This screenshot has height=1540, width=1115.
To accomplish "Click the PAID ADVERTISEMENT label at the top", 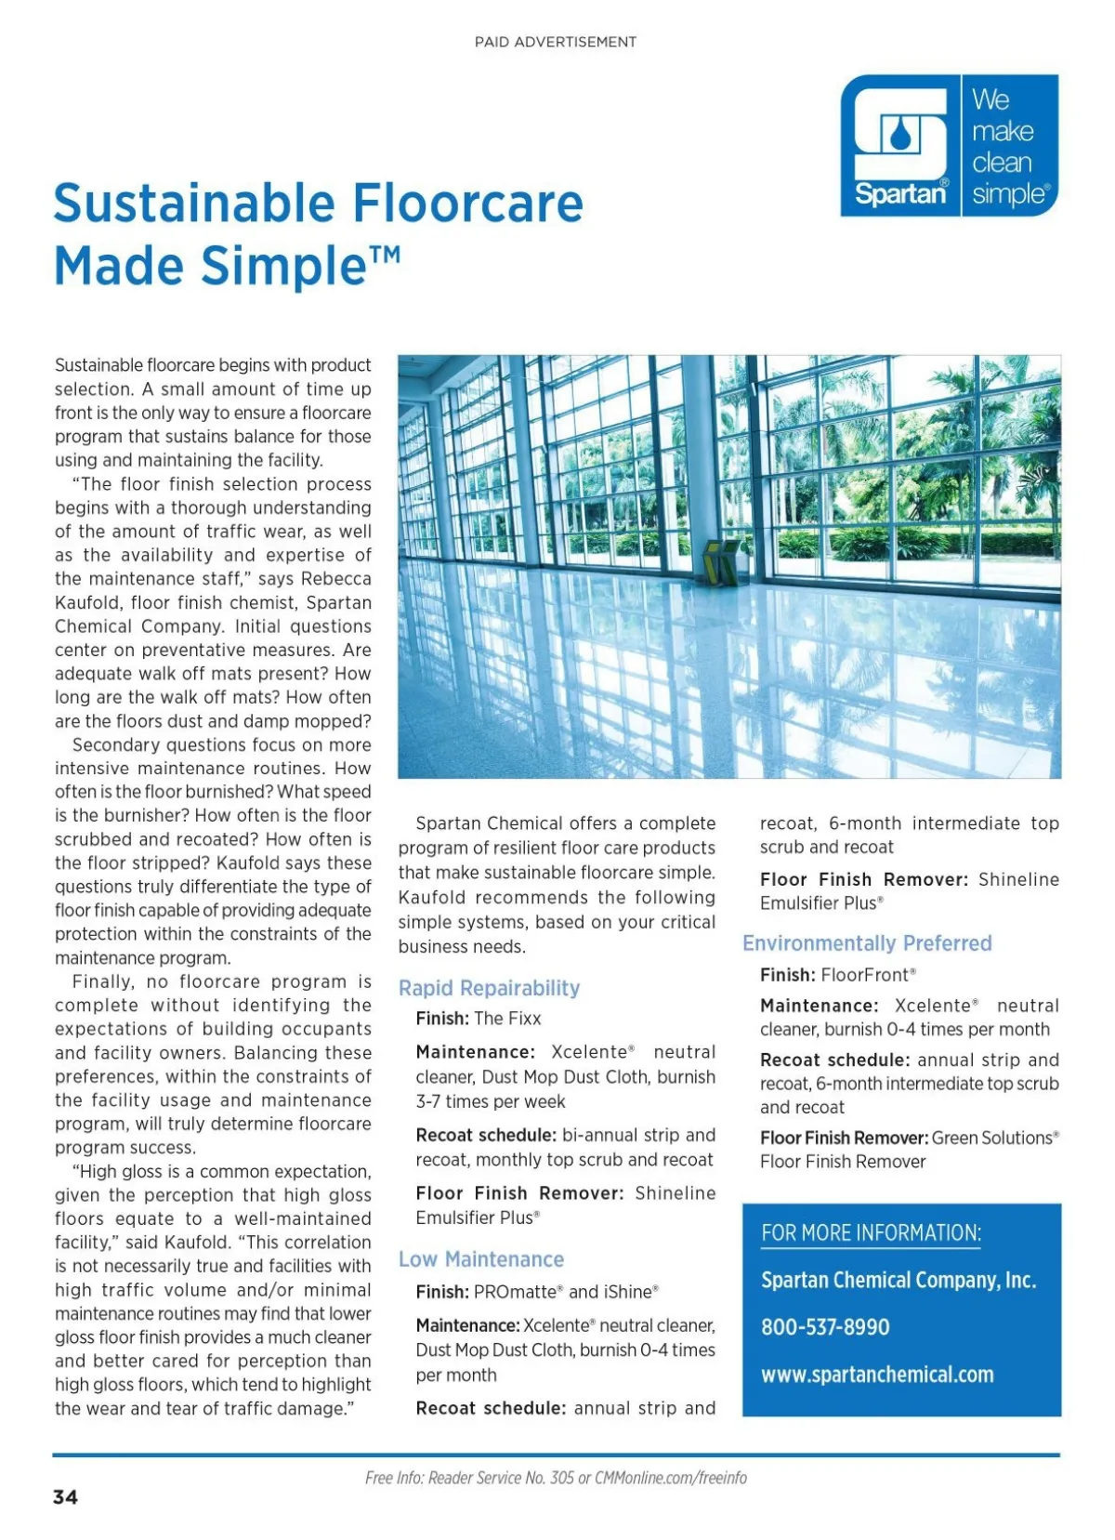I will [x=555, y=42].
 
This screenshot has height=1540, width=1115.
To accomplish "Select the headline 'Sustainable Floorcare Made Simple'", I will [x=318, y=234].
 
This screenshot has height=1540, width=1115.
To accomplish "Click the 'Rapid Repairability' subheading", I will [x=489, y=988].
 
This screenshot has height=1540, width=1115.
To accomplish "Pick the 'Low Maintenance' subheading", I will [x=481, y=1259].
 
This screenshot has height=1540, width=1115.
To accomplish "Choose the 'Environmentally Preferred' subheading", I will [x=867, y=943].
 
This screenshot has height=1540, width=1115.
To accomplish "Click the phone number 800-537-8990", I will [x=825, y=1327].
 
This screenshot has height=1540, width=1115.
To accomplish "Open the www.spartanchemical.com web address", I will [x=877, y=1375].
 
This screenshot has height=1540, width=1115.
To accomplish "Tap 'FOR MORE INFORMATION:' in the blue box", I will [x=871, y=1233].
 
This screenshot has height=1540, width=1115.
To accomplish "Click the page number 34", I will [x=65, y=1497].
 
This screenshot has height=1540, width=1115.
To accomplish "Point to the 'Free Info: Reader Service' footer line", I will [x=556, y=1478].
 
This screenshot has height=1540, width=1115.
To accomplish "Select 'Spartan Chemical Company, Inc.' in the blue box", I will [x=898, y=1281].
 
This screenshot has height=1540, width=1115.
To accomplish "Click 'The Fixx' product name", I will [x=507, y=1019].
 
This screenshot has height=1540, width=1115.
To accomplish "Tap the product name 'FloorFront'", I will [x=865, y=975].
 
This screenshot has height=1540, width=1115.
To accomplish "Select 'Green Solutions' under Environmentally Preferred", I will [x=992, y=1138].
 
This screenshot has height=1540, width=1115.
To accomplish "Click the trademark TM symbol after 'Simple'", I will [x=386, y=253].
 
